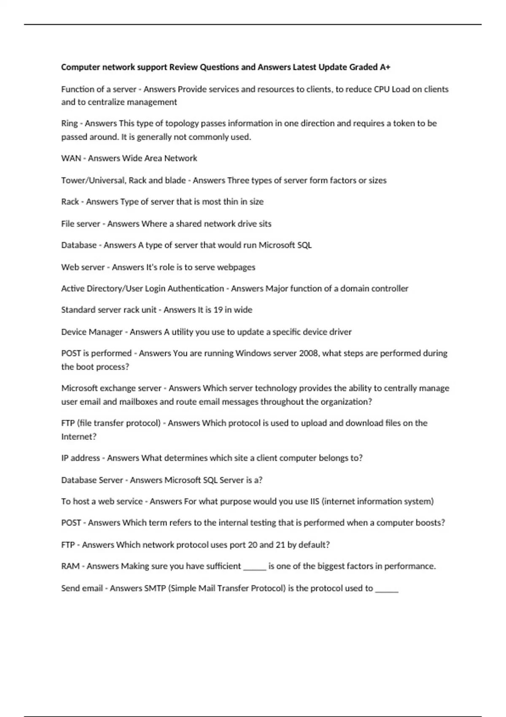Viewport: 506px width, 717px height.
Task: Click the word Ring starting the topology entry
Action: coord(69,124)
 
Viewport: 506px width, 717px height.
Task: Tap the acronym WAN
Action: coord(71,158)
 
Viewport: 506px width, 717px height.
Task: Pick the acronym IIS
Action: coord(315,501)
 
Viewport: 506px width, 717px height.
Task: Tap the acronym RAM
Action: coord(70,566)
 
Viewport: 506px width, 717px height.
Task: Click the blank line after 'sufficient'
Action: coord(255,567)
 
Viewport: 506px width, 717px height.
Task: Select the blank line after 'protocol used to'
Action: coord(387,589)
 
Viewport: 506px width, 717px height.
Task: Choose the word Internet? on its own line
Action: coord(79,437)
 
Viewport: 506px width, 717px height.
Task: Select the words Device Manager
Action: coord(92,332)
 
